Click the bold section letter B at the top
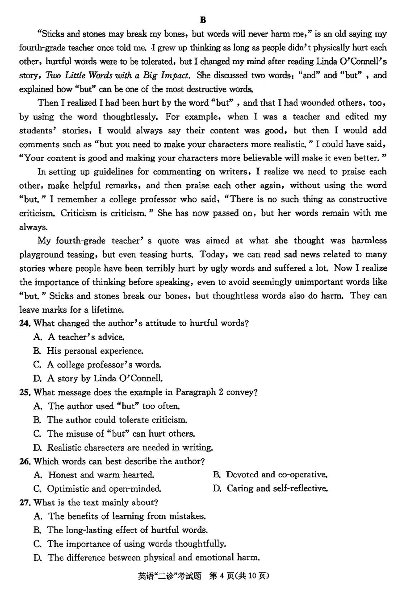click(x=203, y=20)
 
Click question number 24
click(x=25, y=323)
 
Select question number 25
click(x=25, y=392)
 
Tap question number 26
click(x=25, y=461)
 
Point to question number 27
click(x=25, y=502)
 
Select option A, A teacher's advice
click(x=79, y=337)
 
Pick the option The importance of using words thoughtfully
click(x=130, y=544)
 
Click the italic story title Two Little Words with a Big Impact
click(x=118, y=75)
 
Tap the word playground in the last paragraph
click(x=42, y=254)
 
